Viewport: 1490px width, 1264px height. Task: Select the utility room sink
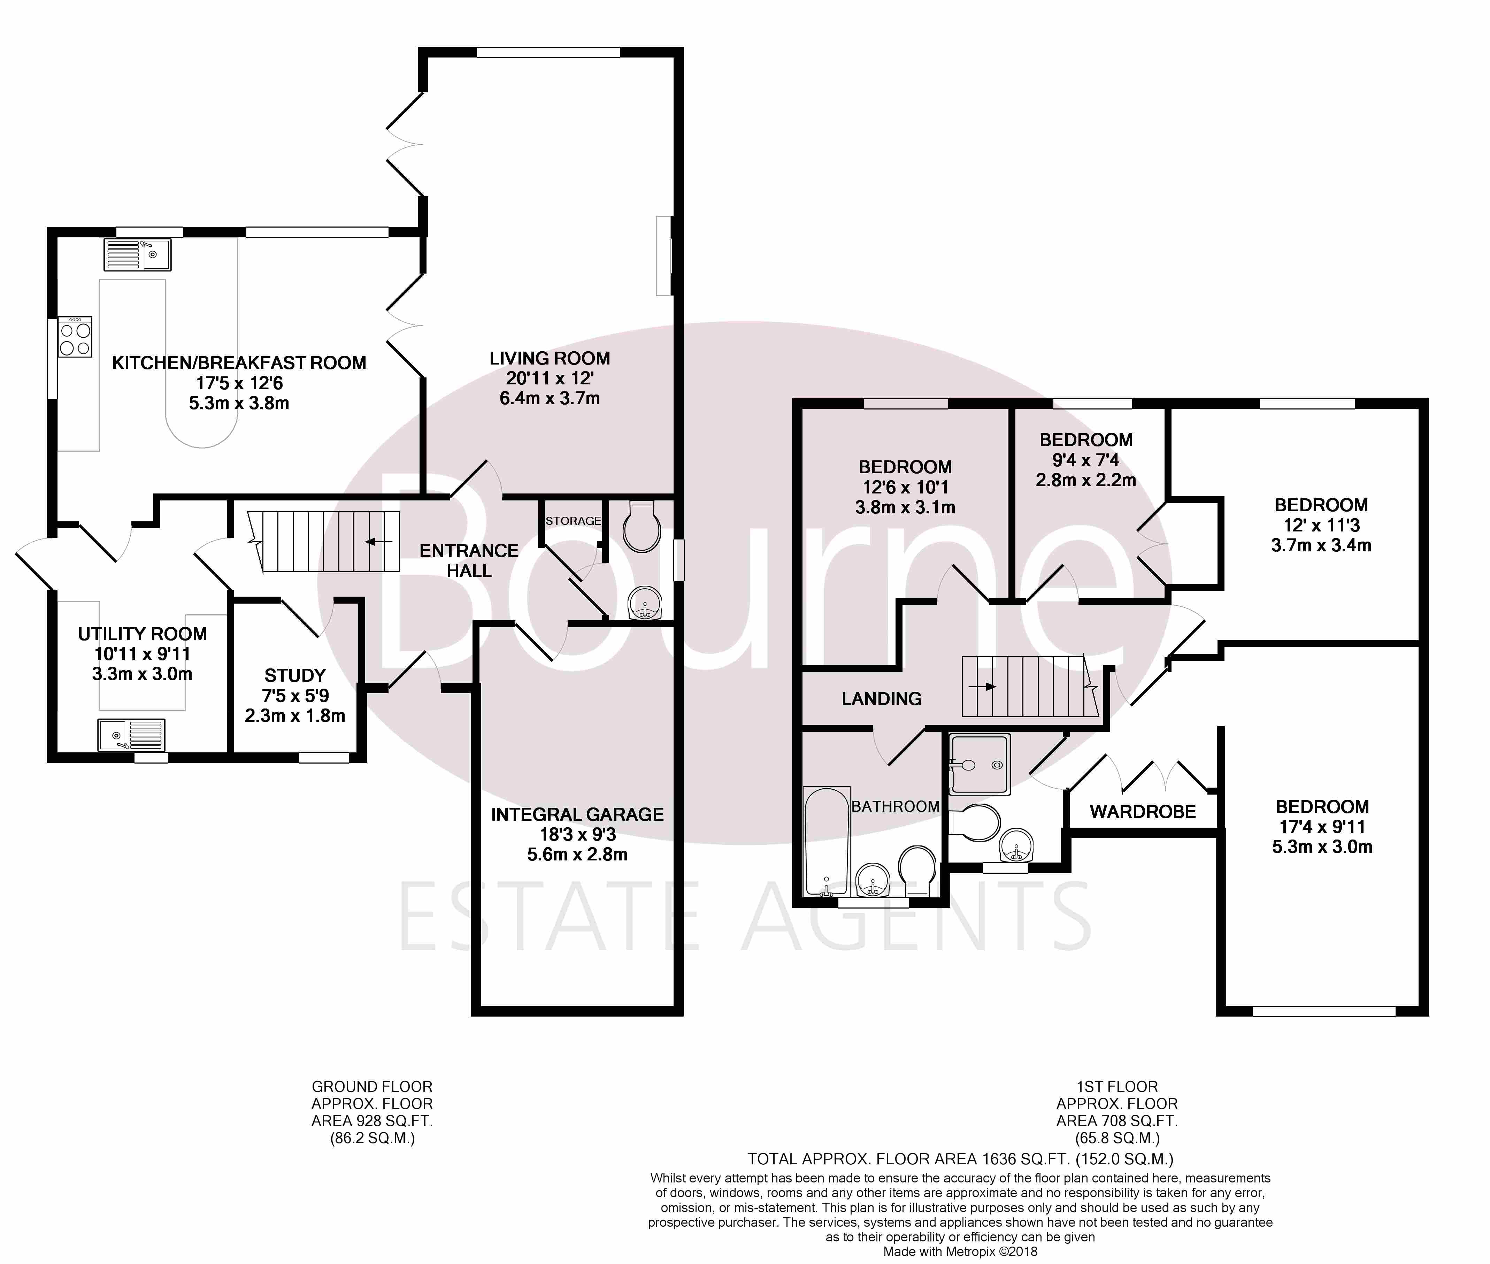click(x=131, y=735)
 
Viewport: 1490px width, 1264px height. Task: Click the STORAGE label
click(x=573, y=521)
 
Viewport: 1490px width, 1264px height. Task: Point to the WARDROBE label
click(x=1143, y=812)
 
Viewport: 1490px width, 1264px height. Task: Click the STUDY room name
click(x=295, y=675)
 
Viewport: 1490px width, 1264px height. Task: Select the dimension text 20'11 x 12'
click(x=550, y=378)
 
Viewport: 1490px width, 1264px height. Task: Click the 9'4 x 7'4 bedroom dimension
click(x=1085, y=460)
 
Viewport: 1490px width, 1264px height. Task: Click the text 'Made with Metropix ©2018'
click(x=960, y=1252)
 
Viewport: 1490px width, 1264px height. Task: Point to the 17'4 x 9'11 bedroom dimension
click(x=1322, y=826)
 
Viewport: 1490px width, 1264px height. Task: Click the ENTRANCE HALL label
click(x=469, y=560)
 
